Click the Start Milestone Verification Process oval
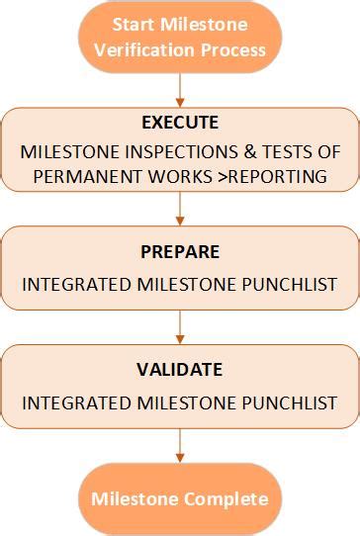(180, 38)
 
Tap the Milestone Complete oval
(180, 498)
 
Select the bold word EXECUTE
(180, 124)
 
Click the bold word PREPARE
(180, 251)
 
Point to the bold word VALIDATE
(180, 370)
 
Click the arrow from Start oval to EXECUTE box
(180, 91)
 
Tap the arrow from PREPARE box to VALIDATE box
(180, 327)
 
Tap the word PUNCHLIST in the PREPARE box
(295, 285)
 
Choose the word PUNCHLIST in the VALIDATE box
(295, 403)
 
